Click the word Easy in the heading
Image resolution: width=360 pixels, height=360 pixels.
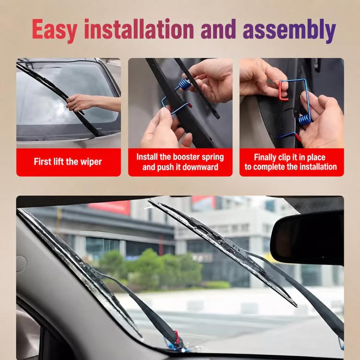(x=54, y=30)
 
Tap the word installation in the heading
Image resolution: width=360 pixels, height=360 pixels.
(x=139, y=29)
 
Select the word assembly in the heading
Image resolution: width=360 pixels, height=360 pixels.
(x=289, y=30)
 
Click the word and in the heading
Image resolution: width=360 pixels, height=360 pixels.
(x=218, y=29)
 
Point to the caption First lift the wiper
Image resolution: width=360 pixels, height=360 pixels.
(x=68, y=162)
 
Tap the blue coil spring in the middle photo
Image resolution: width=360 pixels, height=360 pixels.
(x=184, y=84)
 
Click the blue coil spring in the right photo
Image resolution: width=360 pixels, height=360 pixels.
(x=305, y=120)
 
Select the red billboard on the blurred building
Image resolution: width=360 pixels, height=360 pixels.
(x=110, y=207)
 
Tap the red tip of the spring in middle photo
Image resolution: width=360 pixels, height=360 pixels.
(x=190, y=106)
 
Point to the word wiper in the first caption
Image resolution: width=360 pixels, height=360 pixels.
(x=91, y=162)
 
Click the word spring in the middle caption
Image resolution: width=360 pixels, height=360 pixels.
(x=213, y=157)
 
